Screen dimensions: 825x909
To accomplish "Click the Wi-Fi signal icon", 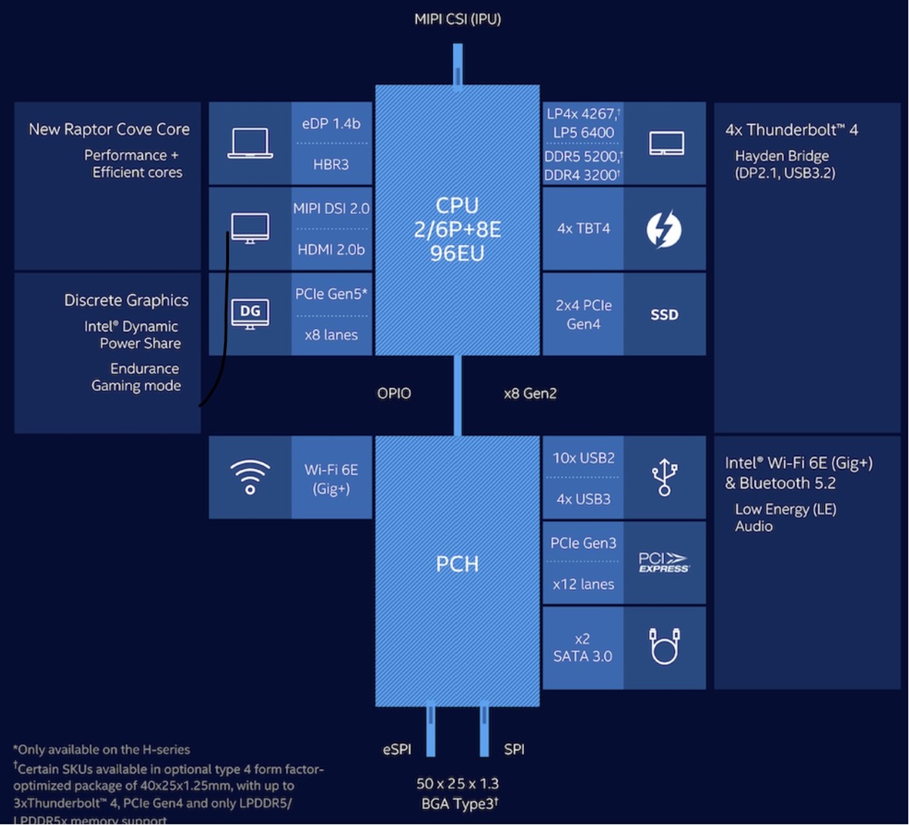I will (x=250, y=477).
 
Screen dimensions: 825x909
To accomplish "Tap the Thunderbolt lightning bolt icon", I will (x=664, y=229).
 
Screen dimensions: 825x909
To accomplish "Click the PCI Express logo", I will (x=664, y=563).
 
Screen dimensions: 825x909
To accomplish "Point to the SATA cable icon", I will (x=664, y=647).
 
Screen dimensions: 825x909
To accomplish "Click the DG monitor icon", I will (x=250, y=313).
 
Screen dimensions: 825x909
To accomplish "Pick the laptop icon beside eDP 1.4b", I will (x=250, y=143).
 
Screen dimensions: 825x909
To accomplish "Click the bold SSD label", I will (x=664, y=315).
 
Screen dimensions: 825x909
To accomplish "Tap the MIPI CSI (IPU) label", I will (x=458, y=20).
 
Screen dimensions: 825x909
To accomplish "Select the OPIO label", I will (x=394, y=393).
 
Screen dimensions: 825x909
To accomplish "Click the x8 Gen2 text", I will (x=530, y=393).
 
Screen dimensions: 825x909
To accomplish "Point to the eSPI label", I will (x=397, y=749).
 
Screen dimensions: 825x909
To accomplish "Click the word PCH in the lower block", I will (x=458, y=563).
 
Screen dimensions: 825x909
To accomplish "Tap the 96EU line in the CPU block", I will (x=458, y=253).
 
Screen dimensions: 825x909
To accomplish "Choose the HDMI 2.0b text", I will (x=331, y=249).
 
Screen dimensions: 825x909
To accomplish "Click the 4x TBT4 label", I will (x=583, y=228).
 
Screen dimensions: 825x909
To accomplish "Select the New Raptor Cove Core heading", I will (x=109, y=129).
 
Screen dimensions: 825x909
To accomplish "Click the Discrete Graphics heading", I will (x=126, y=300).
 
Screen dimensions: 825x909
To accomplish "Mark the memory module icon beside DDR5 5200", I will (x=666, y=144).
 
